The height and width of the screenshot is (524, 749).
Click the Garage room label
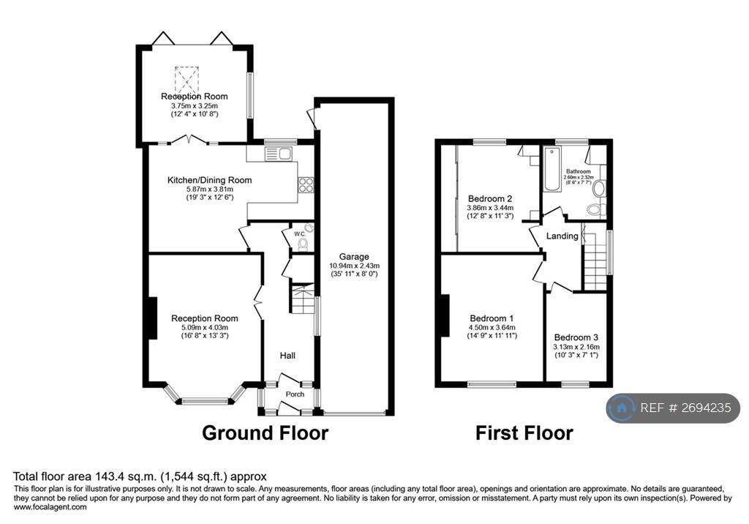354,256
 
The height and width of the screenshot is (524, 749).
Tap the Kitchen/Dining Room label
209,180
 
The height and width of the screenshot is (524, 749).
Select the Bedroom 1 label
492,318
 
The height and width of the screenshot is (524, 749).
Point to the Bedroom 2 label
489,198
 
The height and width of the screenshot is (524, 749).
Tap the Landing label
563,236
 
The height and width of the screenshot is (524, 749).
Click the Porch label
295,394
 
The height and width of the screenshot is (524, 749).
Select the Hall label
287,356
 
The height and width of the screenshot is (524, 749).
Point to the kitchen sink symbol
279,153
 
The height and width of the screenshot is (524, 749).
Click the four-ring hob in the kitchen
306,186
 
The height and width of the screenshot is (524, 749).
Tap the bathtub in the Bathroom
551,171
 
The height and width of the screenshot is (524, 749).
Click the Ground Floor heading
265,433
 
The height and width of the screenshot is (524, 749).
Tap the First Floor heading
524,433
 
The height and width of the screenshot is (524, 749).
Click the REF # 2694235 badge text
685,408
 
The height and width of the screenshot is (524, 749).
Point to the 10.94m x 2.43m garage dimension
354,266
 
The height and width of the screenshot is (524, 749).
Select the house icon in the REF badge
622,408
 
